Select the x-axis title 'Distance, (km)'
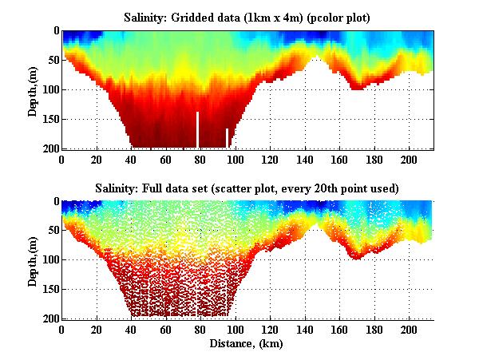[247, 344]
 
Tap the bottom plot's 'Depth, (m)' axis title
[33, 259]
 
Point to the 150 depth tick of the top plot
[49, 119]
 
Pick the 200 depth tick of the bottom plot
[49, 318]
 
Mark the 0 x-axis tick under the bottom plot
[61, 329]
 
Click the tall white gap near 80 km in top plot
[197, 129]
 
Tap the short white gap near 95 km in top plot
[227, 138]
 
